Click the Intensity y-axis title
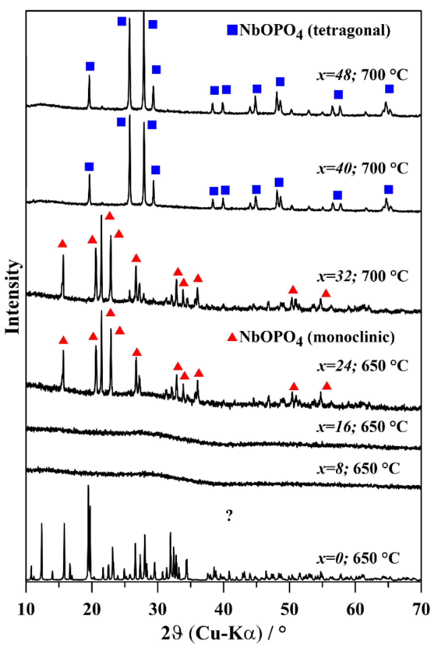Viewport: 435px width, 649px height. [12, 297]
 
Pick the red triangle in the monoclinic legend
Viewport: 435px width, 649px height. [232, 337]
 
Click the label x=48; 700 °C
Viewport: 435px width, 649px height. [362, 75]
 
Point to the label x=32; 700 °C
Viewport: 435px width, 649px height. [362, 276]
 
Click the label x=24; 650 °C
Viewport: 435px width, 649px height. [362, 366]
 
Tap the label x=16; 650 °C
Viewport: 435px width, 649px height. [362, 427]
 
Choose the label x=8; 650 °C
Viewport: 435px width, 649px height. [358, 469]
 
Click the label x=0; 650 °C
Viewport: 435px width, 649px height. [358, 558]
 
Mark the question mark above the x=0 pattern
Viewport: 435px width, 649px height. [229, 516]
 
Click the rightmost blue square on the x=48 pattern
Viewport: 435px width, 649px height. [389, 89]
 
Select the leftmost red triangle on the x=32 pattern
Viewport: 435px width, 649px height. [62, 243]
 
